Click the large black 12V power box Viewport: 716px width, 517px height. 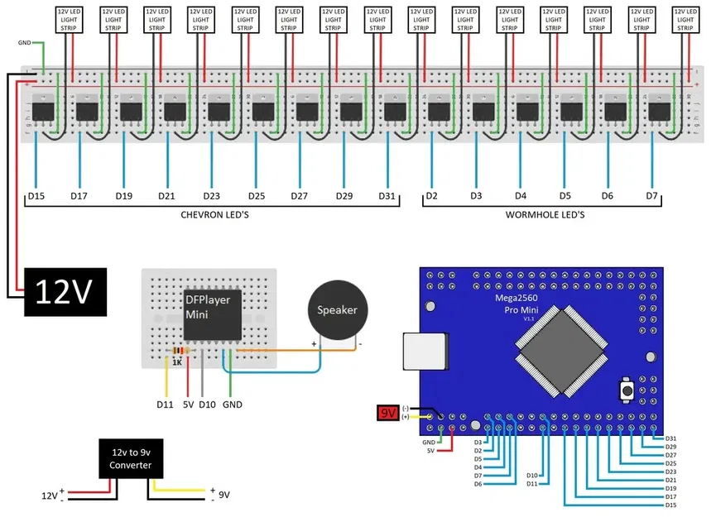coord(66,292)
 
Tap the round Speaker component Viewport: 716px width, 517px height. coord(335,311)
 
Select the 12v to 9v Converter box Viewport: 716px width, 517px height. coord(131,459)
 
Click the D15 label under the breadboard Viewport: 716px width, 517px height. coord(36,196)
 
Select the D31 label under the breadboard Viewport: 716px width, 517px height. coord(387,196)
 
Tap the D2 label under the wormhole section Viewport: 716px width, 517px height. coord(431,196)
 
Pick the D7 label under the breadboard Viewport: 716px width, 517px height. coord(652,196)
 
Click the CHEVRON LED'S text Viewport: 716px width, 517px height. coord(214,215)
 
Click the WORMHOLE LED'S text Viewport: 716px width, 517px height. coord(545,215)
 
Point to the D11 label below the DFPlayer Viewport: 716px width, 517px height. coord(165,405)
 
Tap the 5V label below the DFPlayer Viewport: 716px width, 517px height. coord(188,405)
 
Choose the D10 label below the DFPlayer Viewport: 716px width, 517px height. coord(207,405)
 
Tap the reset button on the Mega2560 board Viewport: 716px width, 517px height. coord(629,389)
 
